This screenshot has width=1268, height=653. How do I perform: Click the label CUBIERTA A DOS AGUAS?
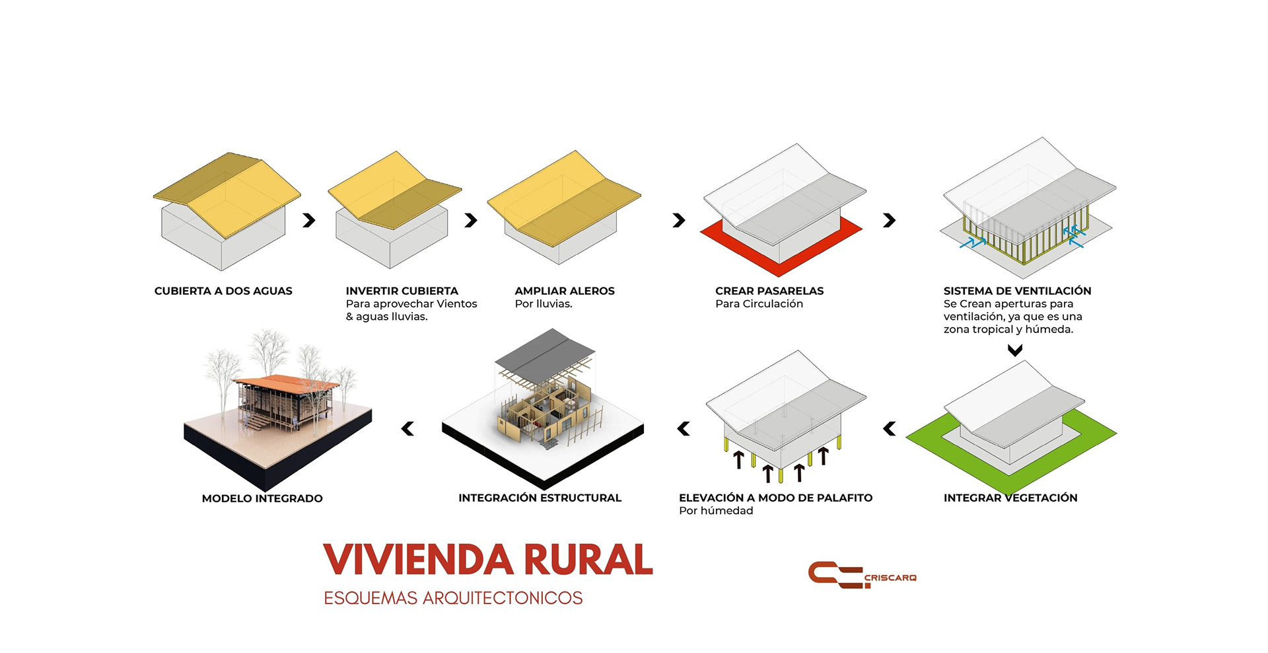[223, 291]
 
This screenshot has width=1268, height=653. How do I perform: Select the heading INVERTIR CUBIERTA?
[402, 291]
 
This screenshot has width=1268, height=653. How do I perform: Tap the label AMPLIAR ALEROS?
[565, 291]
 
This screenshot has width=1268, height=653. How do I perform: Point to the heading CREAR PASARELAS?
[769, 291]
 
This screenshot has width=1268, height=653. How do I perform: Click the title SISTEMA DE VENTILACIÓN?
[1017, 291]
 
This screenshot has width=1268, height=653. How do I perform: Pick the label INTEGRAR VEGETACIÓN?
[1010, 498]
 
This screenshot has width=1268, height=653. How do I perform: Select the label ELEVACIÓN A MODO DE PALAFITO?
[775, 498]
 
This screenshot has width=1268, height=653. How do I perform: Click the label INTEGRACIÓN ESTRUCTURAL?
[540, 498]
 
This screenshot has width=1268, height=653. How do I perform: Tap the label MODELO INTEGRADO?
[262, 498]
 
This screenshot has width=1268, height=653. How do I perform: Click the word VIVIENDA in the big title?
[418, 560]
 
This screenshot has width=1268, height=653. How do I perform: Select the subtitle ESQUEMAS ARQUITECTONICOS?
[453, 598]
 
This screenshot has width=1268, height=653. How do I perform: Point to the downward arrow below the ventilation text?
[1015, 350]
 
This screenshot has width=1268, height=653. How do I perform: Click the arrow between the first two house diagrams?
[309, 220]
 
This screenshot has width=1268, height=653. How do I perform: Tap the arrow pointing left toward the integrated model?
[408, 429]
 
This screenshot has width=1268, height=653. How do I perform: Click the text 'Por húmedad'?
[716, 511]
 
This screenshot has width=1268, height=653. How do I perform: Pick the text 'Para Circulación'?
[759, 304]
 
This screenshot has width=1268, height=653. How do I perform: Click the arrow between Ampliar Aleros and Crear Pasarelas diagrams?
[679, 220]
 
